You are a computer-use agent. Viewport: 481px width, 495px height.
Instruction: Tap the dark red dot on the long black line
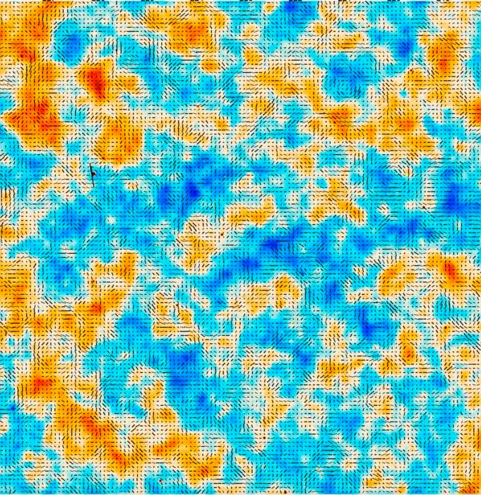tap(91, 170)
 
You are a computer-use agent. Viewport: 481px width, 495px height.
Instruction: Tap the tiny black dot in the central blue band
tap(265, 240)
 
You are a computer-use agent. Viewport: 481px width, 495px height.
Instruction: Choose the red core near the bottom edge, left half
tap(92, 428)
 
